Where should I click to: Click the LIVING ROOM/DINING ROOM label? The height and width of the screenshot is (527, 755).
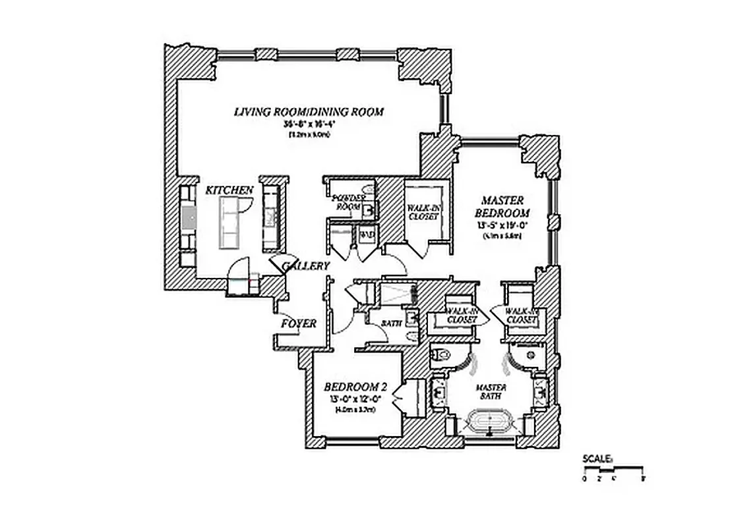click(309, 111)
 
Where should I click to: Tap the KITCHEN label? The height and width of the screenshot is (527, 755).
click(229, 190)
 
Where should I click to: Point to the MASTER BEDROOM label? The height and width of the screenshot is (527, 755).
click(502, 207)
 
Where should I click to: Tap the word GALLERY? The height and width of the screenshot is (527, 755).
click(306, 266)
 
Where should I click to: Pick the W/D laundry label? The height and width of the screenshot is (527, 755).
click(366, 234)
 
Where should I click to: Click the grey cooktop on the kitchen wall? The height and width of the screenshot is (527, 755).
click(189, 217)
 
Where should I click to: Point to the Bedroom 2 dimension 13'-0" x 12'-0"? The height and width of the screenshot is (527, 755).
click(353, 399)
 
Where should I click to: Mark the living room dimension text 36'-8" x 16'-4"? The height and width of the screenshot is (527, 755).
click(309, 124)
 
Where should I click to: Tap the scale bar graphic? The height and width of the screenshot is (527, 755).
click(614, 470)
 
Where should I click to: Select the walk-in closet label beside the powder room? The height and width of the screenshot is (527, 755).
click(423, 211)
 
